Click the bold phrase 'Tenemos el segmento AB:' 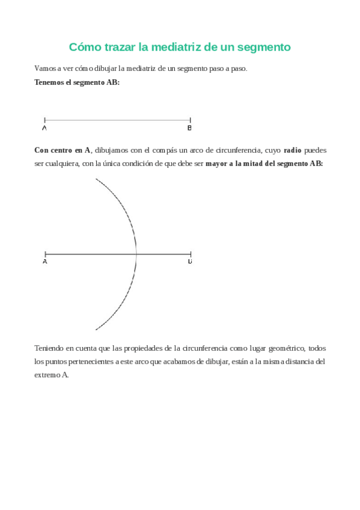(x=77, y=82)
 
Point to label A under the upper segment (x=45, y=128)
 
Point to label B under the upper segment (x=189, y=128)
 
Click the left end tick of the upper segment (x=45, y=120)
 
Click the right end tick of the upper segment (x=190, y=120)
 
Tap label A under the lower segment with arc (x=45, y=262)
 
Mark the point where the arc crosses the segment (x=137, y=254)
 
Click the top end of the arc (x=96, y=179)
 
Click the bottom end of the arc (x=96, y=330)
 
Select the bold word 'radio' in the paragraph (x=293, y=150)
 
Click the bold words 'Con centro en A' (x=63, y=150)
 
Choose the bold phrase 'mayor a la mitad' (x=233, y=164)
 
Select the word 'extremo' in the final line (x=47, y=375)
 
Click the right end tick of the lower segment (x=191, y=254)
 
